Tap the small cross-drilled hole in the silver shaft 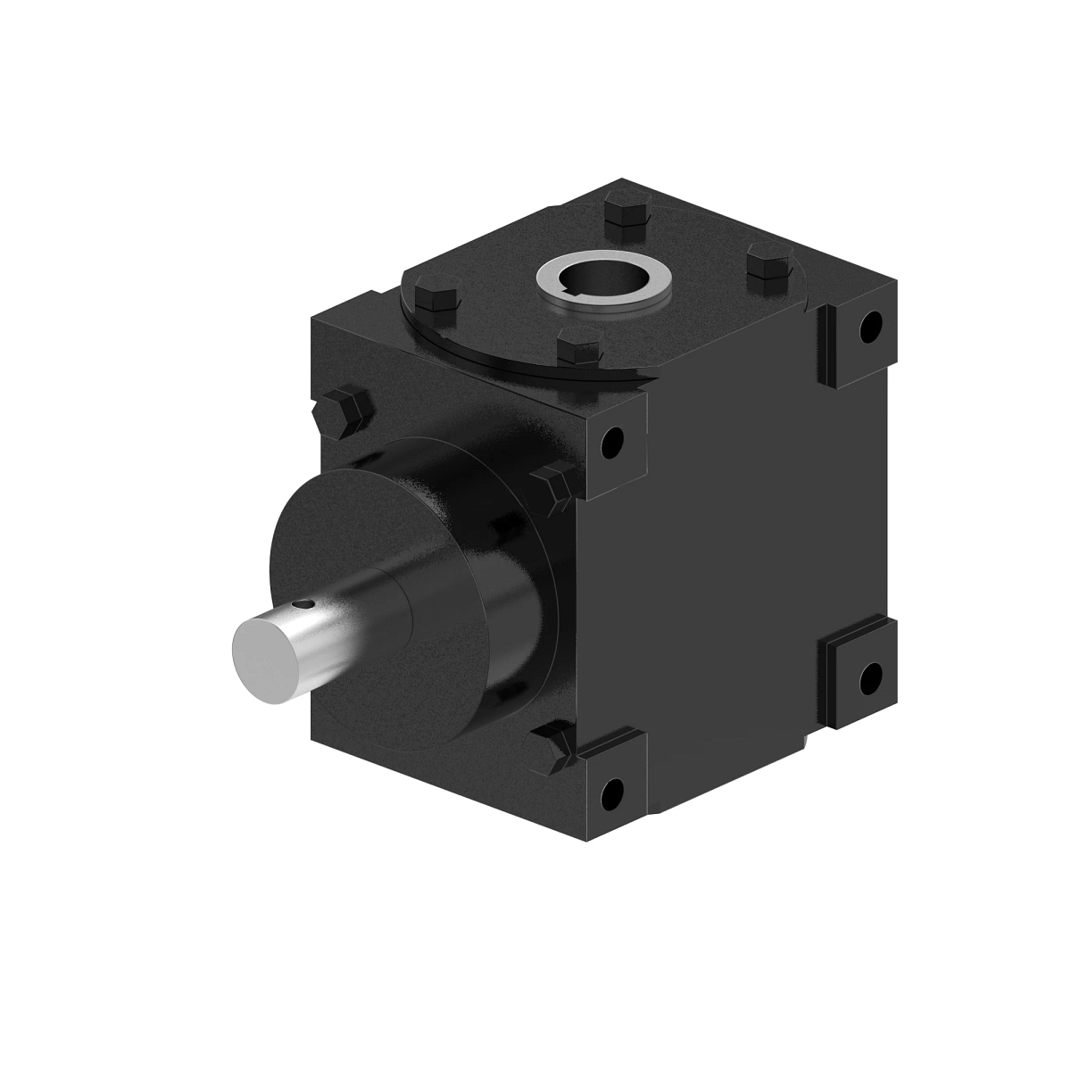(x=306, y=604)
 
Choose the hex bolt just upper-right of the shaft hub (x=551, y=486)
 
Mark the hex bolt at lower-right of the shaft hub (x=554, y=744)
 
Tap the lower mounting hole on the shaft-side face (x=612, y=789)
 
